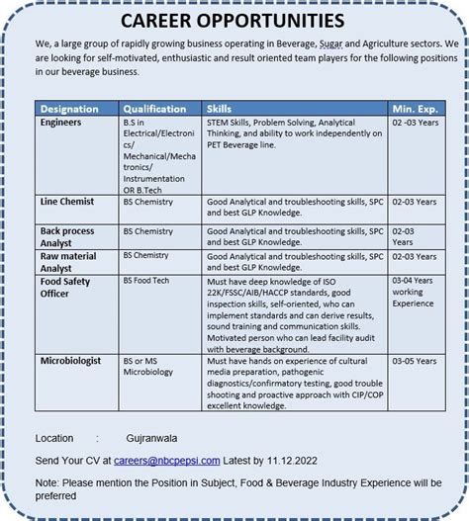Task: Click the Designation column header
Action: [x=70, y=108]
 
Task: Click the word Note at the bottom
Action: [x=47, y=483]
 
